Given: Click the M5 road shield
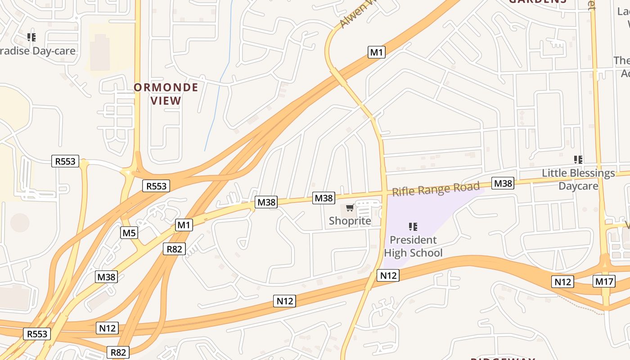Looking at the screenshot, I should pyautogui.click(x=129, y=233).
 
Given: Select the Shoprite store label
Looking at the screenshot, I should pyautogui.click(x=350, y=221).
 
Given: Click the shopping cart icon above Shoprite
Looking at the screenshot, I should pyautogui.click(x=350, y=208).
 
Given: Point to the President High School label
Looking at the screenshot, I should pyautogui.click(x=413, y=246).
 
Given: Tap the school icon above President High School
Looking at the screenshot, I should pyautogui.click(x=413, y=226).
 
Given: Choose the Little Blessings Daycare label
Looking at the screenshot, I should pyautogui.click(x=578, y=179).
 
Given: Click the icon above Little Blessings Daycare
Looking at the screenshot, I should pyautogui.click(x=578, y=159).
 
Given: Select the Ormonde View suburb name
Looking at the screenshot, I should pyautogui.click(x=166, y=94).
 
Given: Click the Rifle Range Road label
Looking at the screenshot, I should pyautogui.click(x=436, y=189).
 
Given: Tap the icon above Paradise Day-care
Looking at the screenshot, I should pyautogui.click(x=31, y=37).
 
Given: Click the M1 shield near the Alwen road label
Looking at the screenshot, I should pyautogui.click(x=377, y=52).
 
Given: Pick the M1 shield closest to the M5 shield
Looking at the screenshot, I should pyautogui.click(x=184, y=225).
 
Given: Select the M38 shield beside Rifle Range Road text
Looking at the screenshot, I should pyautogui.click(x=503, y=183).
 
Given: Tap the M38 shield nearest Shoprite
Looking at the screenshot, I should pyautogui.click(x=324, y=198).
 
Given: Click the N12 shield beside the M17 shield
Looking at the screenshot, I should pyautogui.click(x=562, y=282).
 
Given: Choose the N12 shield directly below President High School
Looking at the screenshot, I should pyautogui.click(x=388, y=275).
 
